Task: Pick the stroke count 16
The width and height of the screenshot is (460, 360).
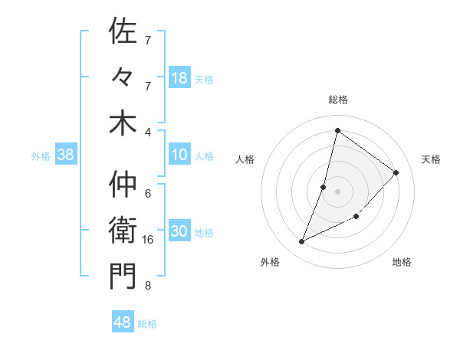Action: (x=149, y=240)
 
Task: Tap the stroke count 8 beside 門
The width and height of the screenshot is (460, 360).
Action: (x=148, y=286)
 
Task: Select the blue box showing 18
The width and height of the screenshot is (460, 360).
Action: (x=179, y=78)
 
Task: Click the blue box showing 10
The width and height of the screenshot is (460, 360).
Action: (x=179, y=155)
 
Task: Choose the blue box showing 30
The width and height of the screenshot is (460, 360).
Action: (x=179, y=232)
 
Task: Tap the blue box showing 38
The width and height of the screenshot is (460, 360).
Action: (x=66, y=155)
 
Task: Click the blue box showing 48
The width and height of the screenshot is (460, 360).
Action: (x=123, y=322)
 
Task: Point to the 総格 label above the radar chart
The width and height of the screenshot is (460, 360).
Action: (x=337, y=100)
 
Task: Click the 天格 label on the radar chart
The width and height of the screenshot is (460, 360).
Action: (x=431, y=159)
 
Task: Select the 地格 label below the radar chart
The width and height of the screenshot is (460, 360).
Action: (x=402, y=263)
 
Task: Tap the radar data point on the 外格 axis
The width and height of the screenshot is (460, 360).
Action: (x=302, y=242)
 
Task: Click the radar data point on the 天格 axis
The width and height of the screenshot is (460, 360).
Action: (x=396, y=172)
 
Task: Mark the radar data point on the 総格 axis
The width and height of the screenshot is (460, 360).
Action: (x=337, y=130)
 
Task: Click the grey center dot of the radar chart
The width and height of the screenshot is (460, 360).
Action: (x=337, y=191)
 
